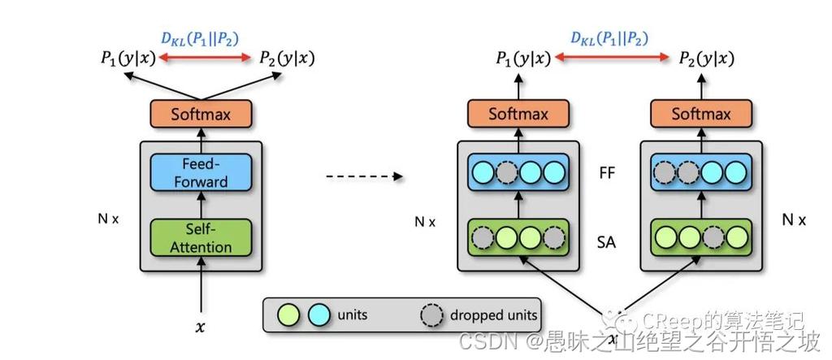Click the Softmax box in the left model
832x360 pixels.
click(201, 114)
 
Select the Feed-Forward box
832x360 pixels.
click(201, 172)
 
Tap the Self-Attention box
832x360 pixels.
click(201, 237)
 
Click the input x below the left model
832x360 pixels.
click(201, 327)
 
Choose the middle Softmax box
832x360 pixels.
click(518, 114)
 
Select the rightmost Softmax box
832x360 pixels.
click(701, 114)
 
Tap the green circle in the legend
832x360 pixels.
click(288, 314)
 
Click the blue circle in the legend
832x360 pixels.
click(318, 314)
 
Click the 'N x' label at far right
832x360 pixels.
click(793, 219)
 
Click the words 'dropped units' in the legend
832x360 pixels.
click(494, 314)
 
